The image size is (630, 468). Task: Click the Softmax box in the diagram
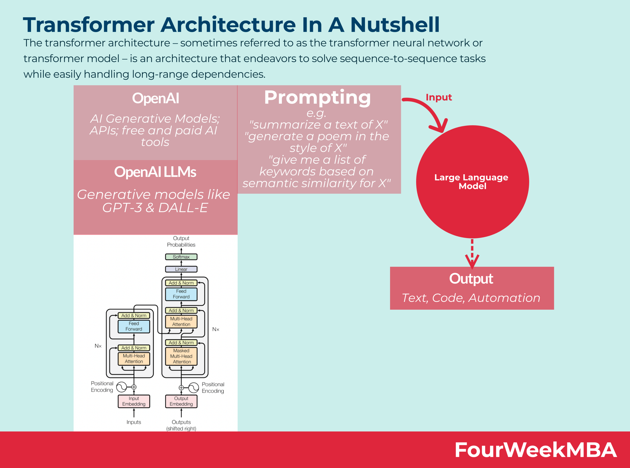click(x=181, y=257)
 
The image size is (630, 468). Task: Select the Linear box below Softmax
click(x=181, y=269)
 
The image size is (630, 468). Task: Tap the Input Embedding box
click(x=134, y=401)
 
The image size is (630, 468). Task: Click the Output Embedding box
click(x=181, y=401)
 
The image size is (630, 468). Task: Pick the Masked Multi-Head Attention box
click(x=181, y=356)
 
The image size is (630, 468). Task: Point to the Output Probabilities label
click(x=181, y=241)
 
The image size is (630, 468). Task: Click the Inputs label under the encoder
click(x=134, y=422)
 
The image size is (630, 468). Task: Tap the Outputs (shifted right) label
click(x=181, y=425)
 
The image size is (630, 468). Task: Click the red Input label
click(x=439, y=97)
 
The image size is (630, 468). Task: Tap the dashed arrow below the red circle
click(x=472, y=254)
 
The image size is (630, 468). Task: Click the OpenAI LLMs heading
click(x=155, y=172)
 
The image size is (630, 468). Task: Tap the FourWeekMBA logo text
click(x=535, y=450)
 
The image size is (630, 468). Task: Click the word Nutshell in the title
click(x=395, y=25)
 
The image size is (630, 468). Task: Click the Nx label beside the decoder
click(x=216, y=329)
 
